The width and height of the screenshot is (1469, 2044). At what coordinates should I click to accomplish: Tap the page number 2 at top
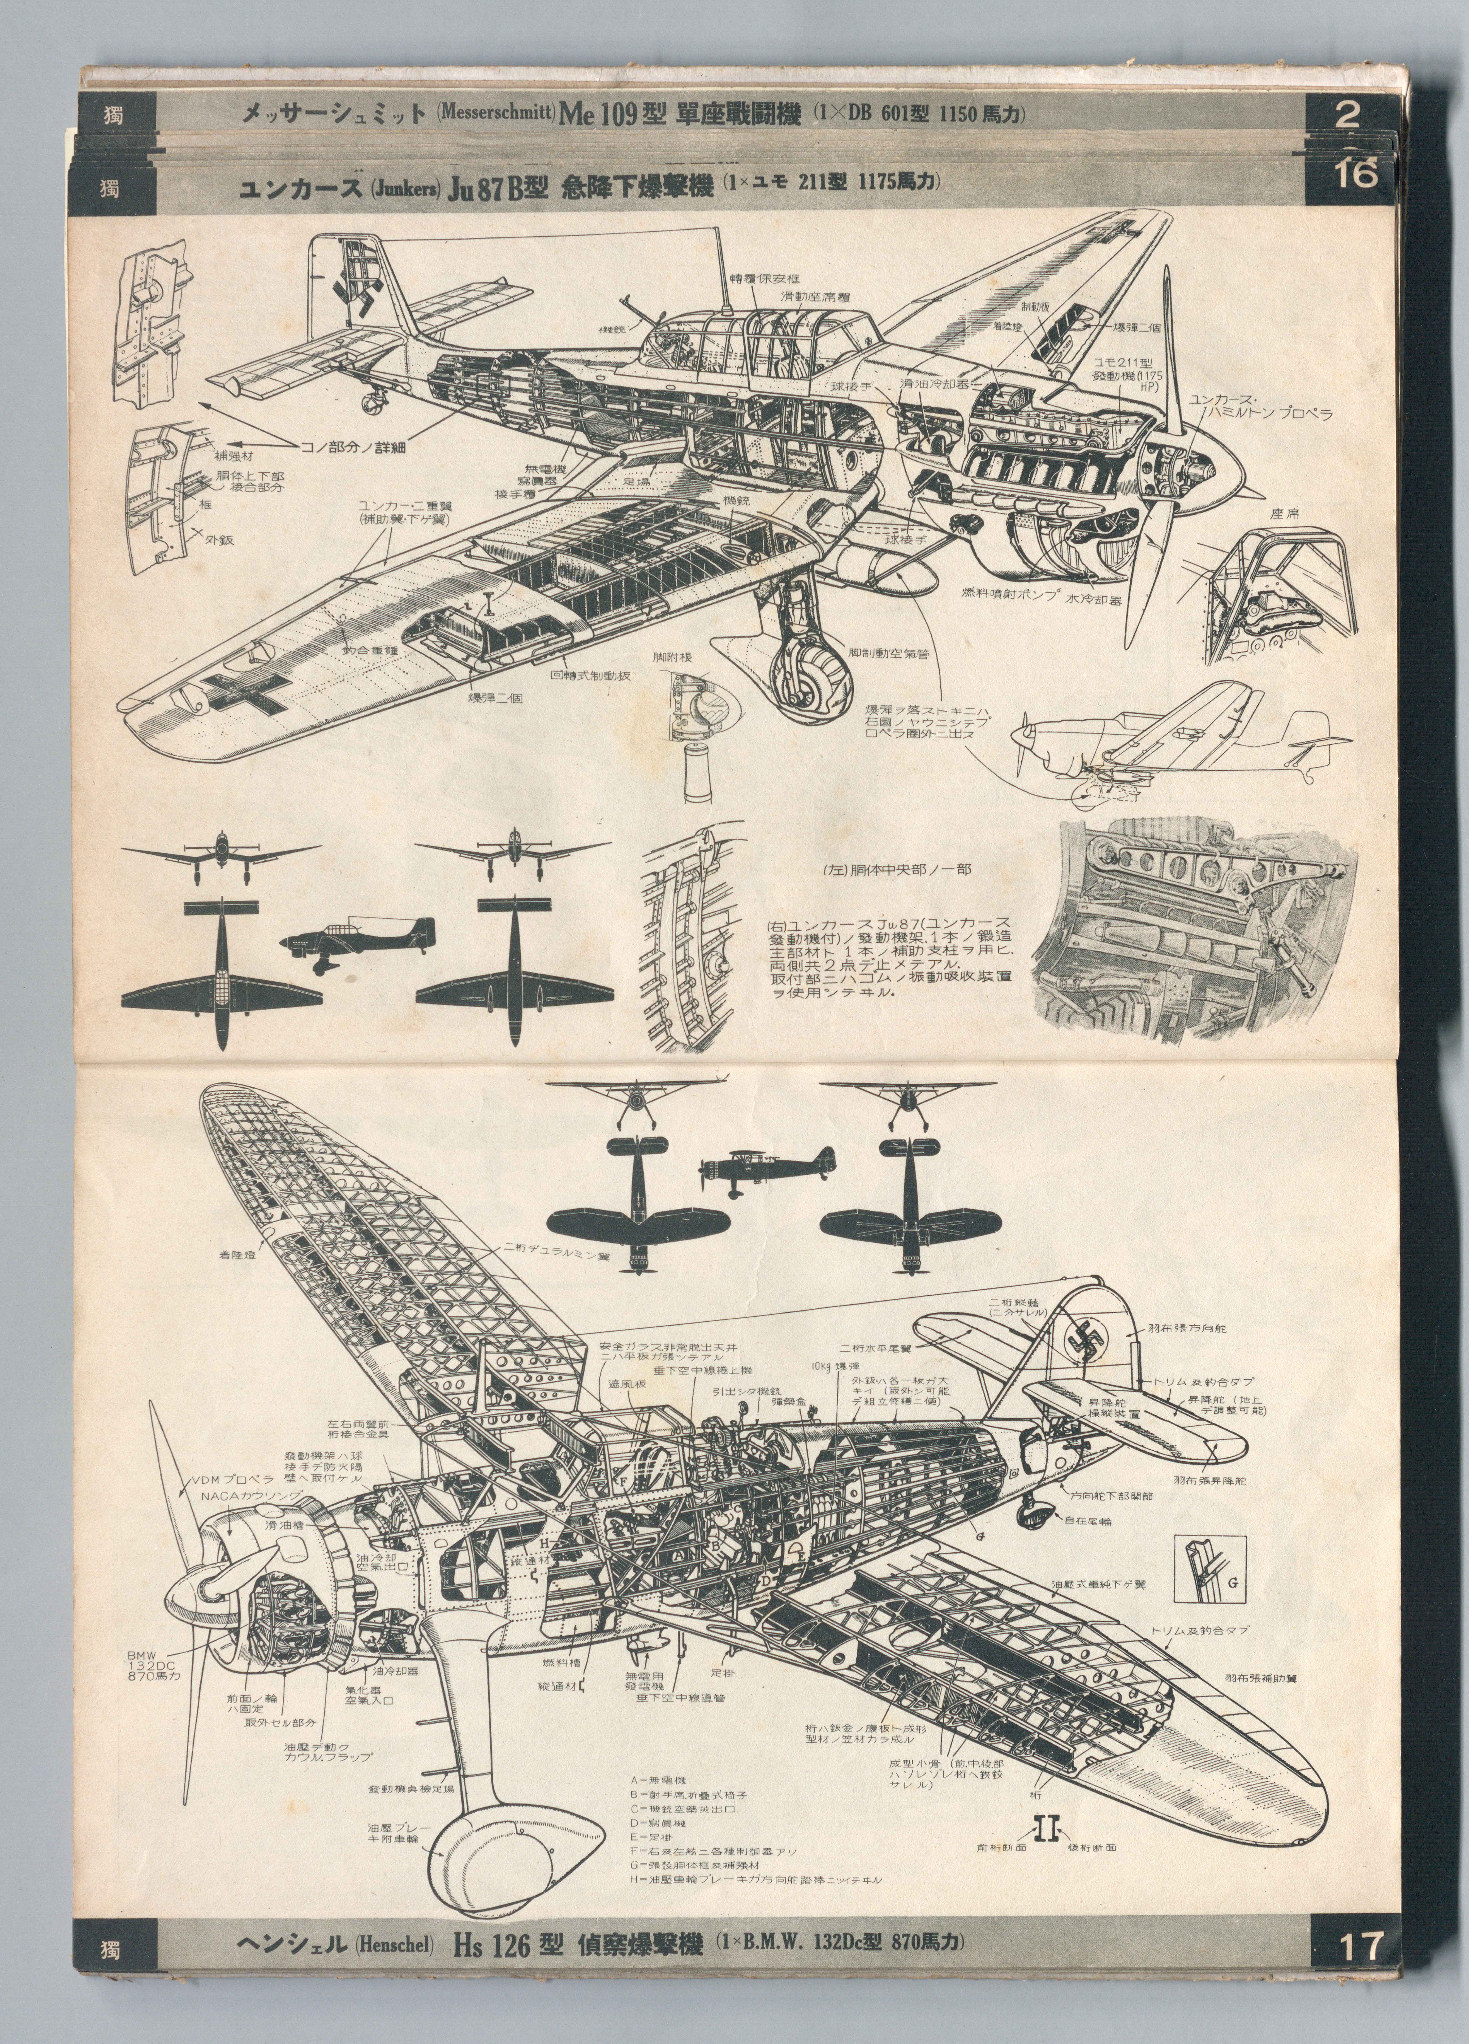pos(1348,113)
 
